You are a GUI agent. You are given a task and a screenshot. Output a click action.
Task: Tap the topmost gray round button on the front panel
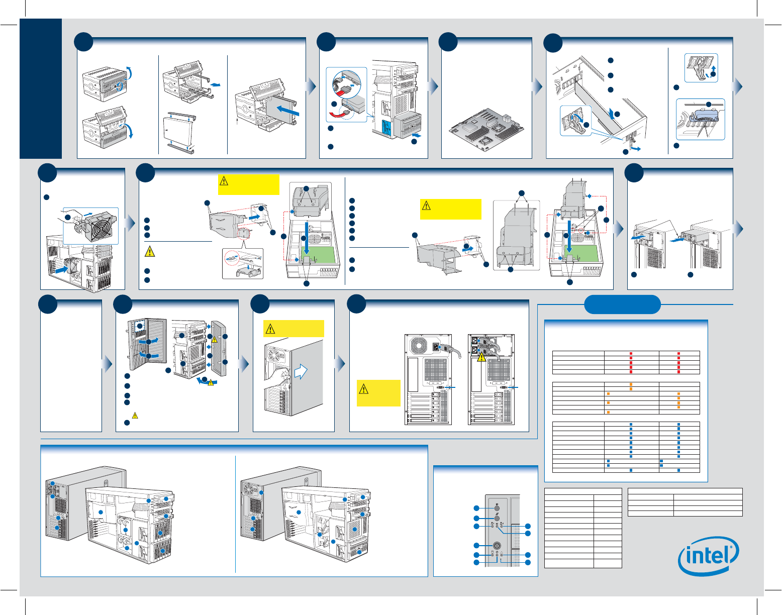coord(497,508)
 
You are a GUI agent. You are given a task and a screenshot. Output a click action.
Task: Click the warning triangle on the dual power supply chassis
coord(481,358)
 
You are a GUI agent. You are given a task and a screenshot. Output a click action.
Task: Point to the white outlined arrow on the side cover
coord(301,371)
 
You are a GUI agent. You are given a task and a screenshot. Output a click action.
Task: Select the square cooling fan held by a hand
coord(99,227)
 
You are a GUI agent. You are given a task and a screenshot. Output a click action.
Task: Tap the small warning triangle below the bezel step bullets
coord(135,415)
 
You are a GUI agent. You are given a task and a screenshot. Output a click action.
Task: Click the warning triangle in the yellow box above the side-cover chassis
coord(270,329)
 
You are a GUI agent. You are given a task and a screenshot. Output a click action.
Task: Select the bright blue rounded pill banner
coord(623,304)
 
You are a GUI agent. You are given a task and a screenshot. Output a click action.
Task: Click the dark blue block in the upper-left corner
coord(41,88)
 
